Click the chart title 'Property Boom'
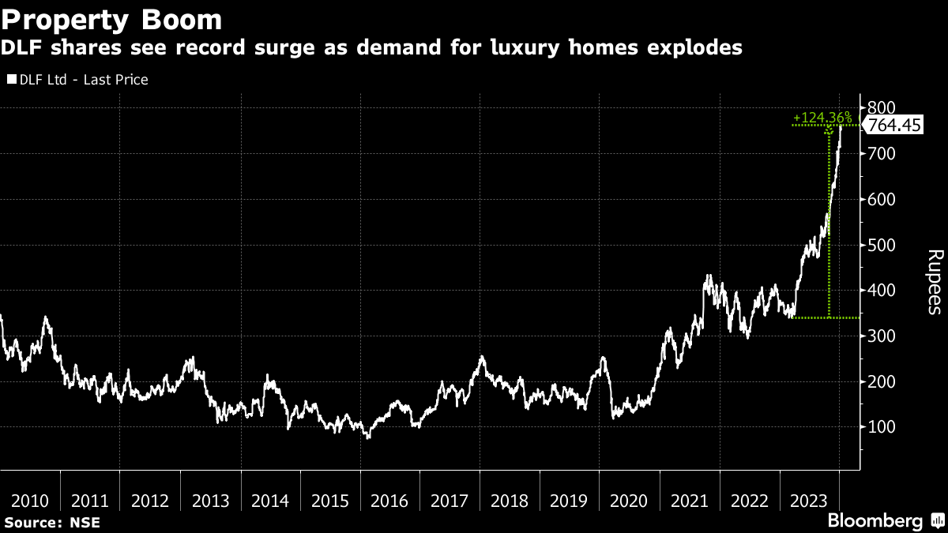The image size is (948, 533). click(x=111, y=19)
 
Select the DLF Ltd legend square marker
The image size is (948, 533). click(x=11, y=80)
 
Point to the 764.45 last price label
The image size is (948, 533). click(x=894, y=125)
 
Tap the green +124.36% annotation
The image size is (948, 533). click(x=822, y=118)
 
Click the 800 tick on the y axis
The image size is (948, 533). click(x=881, y=107)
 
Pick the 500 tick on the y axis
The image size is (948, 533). click(x=881, y=245)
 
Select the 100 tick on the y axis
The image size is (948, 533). click(x=881, y=427)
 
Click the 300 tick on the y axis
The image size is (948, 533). click(x=881, y=336)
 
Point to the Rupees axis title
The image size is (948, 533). click(x=934, y=282)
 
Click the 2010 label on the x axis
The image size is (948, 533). click(x=30, y=501)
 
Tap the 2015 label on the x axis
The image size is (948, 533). click(x=329, y=501)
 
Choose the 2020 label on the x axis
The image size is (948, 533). click(x=629, y=501)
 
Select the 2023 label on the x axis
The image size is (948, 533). click(x=809, y=501)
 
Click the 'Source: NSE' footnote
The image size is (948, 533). click(x=51, y=522)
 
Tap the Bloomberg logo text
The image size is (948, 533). click(x=875, y=521)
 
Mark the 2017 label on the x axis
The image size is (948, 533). click(x=450, y=501)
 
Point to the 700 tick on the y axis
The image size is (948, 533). click(x=881, y=153)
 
